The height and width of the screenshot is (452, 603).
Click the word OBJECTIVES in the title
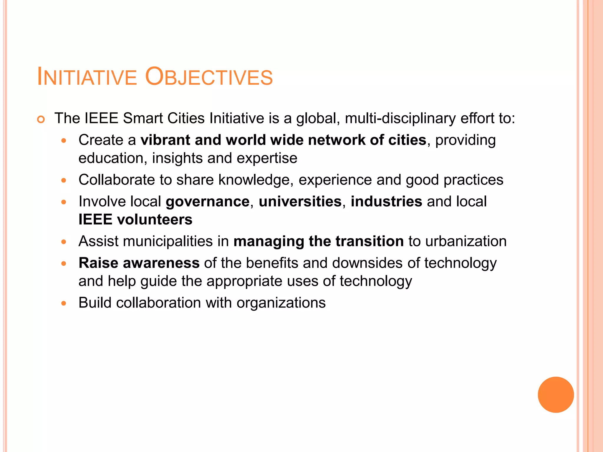tap(209, 77)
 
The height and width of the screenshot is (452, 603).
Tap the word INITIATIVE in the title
tap(87, 77)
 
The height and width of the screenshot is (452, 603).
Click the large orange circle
tap(556, 395)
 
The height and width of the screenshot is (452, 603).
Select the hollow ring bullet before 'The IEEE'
tap(41, 120)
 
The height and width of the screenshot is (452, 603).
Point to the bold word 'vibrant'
tap(165, 140)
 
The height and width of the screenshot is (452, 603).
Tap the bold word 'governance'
tap(208, 202)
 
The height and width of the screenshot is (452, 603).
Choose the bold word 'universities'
tap(300, 202)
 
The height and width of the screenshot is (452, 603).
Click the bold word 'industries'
tap(386, 202)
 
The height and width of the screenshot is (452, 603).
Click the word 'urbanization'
tap(466, 242)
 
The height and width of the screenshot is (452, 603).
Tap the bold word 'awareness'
tap(161, 263)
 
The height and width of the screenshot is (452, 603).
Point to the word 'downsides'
tap(367, 263)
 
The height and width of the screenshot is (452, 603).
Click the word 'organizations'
tap(281, 303)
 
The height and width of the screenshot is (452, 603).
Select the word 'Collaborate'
tap(117, 180)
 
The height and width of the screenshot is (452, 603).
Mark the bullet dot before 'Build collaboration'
tap(64, 303)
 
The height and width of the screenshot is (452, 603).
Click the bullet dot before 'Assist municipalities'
tap(64, 242)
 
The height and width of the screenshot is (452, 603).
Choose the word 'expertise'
tap(267, 159)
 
